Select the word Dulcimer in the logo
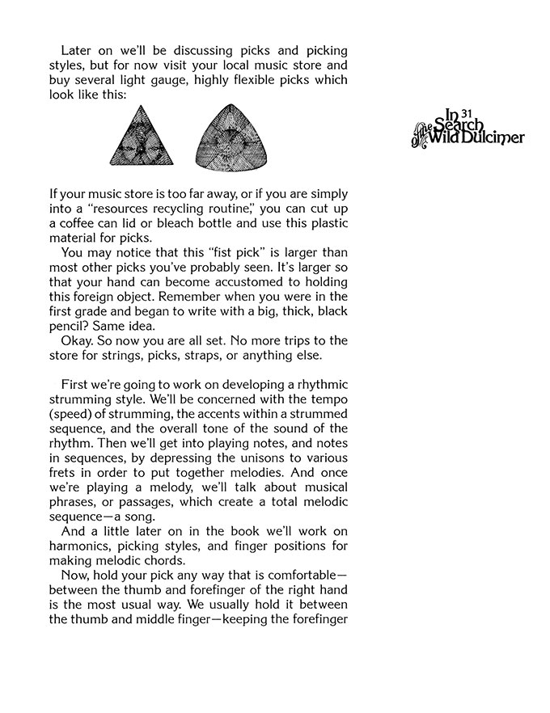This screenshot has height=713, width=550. pos(495,137)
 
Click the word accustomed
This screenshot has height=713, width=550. pos(248,281)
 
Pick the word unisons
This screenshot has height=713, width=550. pos(247,457)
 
